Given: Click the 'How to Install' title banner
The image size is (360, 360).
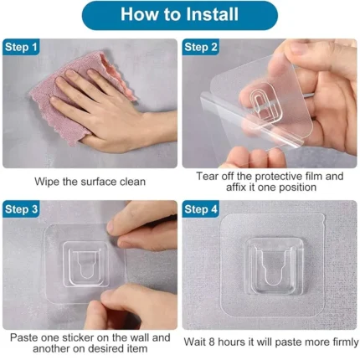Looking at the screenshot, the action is (x=180, y=15).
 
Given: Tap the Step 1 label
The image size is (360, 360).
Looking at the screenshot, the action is (x=21, y=47).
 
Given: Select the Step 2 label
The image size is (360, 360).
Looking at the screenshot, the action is (x=200, y=47).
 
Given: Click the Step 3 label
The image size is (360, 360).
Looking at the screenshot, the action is (x=21, y=209).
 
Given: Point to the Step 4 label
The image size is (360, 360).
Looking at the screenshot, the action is (x=200, y=209).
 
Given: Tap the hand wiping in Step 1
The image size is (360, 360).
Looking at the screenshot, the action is (x=111, y=111).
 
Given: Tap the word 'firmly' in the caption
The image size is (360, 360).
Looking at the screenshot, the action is (x=345, y=342).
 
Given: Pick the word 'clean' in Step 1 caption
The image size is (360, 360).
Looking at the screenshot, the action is (x=132, y=182).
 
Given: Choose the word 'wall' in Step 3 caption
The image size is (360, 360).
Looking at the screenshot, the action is (x=140, y=337).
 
